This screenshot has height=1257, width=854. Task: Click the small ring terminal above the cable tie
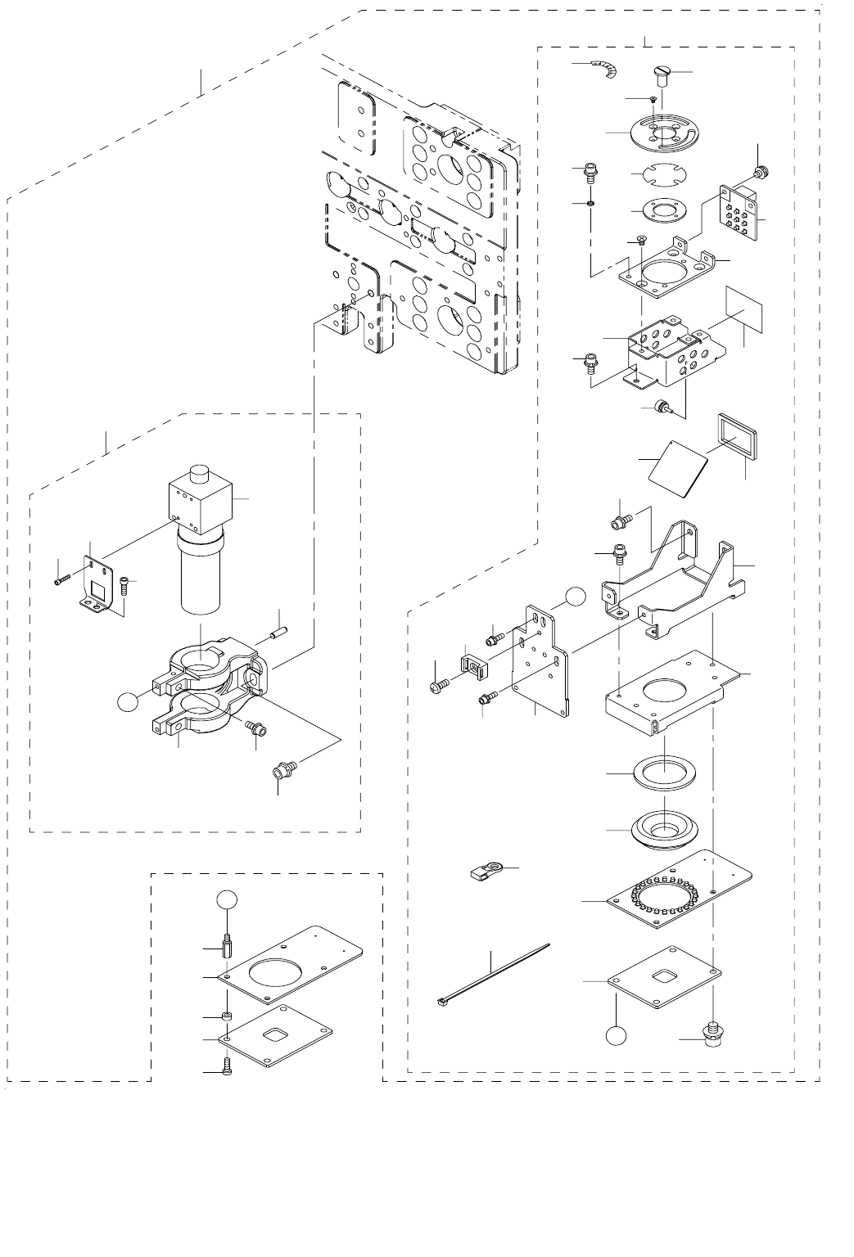(x=486, y=871)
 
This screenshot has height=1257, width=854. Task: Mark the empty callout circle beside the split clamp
(x=127, y=701)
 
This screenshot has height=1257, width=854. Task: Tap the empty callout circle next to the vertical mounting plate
(x=577, y=597)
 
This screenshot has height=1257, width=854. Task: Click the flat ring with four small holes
(x=659, y=209)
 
